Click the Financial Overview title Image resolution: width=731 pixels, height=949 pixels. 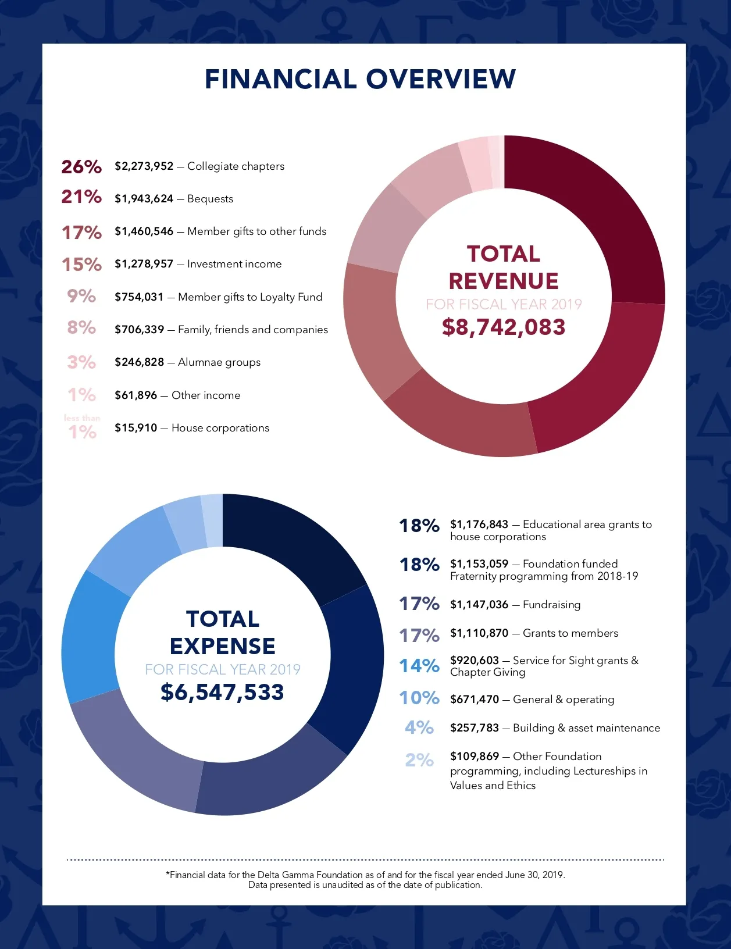[360, 80]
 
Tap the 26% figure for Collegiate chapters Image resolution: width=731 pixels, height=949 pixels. [81, 167]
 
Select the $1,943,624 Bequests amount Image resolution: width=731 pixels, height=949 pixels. [144, 199]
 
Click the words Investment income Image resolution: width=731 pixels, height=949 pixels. [234, 264]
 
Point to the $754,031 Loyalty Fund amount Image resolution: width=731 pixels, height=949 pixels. [139, 297]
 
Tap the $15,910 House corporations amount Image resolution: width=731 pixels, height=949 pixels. [135, 428]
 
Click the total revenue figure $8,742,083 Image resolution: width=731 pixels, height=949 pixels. [504, 327]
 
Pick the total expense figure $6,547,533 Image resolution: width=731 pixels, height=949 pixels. [222, 693]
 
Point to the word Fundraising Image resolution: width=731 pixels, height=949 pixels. [551, 605]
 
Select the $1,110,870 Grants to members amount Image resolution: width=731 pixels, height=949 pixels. [479, 633]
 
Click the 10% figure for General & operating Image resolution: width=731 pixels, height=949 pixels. [419, 698]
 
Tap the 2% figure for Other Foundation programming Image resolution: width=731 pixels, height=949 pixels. [419, 760]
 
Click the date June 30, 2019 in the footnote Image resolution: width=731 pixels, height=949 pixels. [526, 875]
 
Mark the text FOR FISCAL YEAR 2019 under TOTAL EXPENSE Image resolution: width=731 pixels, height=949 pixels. [223, 669]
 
